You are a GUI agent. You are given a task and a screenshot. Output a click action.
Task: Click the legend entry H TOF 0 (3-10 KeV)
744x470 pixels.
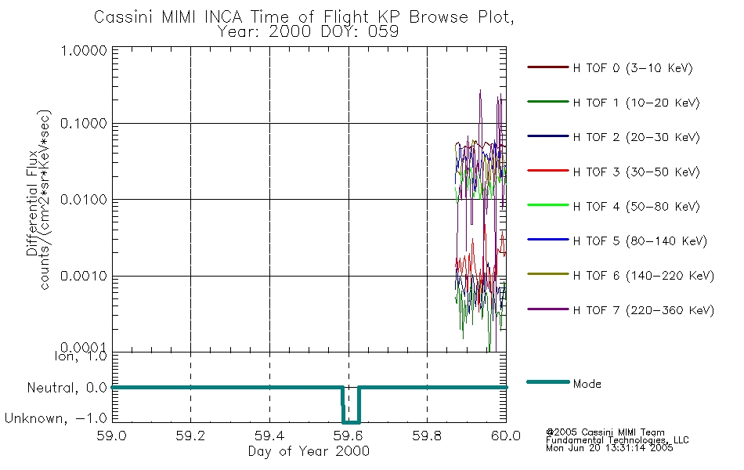[633, 68]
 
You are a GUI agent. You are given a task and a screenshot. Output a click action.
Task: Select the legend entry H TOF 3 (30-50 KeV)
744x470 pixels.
[636, 172]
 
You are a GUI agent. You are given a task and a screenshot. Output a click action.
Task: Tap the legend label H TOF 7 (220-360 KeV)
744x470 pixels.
[643, 310]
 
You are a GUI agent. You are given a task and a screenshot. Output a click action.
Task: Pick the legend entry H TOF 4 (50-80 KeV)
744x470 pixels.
[636, 207]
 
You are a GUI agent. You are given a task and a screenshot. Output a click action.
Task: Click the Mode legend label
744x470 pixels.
[587, 384]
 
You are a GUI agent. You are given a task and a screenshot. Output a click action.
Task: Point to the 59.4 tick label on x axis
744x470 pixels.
[269, 436]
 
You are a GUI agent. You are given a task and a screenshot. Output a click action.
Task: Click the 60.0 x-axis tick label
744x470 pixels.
[506, 436]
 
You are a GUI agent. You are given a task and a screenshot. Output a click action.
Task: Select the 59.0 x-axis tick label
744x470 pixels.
[111, 436]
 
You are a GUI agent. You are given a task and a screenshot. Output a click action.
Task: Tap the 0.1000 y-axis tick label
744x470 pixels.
[84, 124]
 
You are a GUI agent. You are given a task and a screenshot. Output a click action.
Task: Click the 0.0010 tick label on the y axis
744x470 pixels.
[84, 276]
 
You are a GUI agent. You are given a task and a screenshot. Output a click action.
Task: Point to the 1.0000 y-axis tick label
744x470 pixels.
[84, 50]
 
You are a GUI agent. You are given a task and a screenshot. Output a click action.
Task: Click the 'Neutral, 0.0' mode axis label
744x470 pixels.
[67, 389]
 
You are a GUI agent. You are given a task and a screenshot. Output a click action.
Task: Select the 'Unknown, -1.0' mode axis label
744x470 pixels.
[56, 418]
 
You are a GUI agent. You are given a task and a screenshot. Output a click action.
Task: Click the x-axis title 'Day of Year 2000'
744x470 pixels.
[309, 451]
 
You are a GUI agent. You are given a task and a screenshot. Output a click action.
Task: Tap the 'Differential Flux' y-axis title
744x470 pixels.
[32, 203]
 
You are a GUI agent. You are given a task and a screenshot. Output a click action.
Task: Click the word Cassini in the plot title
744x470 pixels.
[124, 17]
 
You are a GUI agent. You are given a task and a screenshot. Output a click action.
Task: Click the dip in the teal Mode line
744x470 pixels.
[351, 421]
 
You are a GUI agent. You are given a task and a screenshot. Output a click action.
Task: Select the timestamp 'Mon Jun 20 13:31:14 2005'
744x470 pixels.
[609, 448]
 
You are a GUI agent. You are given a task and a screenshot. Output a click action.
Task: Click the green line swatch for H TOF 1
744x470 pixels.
[548, 102]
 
